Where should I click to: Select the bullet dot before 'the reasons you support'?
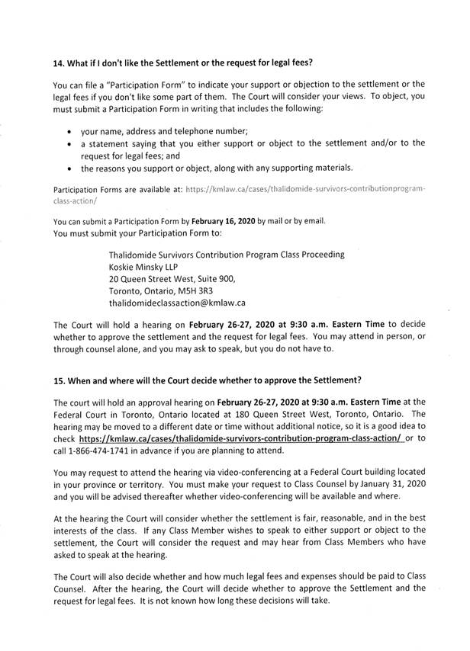tap(71, 168)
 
